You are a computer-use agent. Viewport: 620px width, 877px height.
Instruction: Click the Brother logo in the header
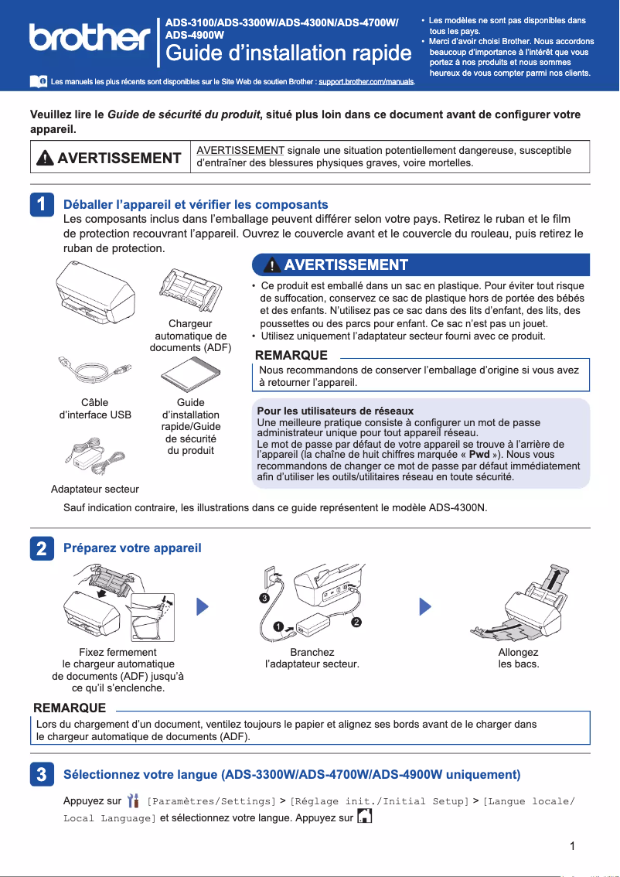[89, 37]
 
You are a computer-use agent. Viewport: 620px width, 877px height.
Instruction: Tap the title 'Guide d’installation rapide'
[288, 53]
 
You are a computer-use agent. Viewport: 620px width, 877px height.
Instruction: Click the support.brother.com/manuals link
[366, 81]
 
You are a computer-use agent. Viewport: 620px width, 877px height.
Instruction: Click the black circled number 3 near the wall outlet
[264, 599]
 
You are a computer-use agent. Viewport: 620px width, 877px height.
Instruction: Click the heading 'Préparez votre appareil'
[132, 548]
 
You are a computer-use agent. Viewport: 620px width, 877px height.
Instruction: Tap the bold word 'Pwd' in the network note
[479, 455]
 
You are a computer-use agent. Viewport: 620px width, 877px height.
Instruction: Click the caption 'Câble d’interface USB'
[95, 408]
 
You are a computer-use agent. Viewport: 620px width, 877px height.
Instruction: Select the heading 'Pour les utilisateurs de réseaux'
[335, 411]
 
